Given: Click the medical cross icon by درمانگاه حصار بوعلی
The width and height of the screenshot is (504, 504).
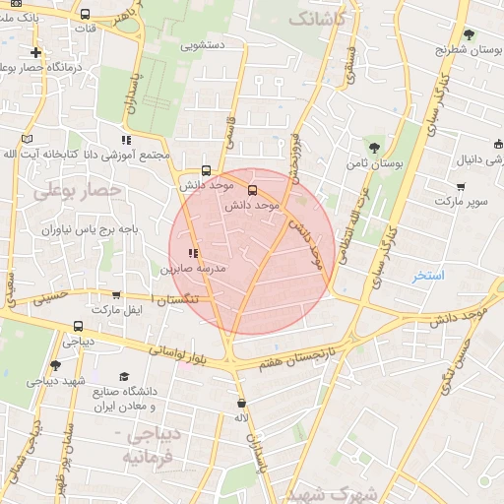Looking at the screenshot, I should coord(36,52).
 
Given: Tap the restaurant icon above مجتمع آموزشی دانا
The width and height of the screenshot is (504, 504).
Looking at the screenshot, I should coord(125,140).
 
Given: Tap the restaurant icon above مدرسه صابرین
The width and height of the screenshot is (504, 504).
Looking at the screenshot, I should coord(192,253).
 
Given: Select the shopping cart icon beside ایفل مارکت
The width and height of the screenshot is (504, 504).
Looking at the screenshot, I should coord(117,294).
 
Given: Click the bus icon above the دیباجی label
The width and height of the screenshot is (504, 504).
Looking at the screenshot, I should coord(78,327).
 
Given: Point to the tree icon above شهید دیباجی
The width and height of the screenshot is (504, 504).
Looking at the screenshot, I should coord(55,365).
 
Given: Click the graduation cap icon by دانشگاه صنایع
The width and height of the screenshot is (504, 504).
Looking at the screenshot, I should coord(123,377).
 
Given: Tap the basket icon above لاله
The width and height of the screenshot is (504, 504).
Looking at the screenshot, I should coord(240,403).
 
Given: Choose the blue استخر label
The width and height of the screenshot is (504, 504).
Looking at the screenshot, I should coord(428,276).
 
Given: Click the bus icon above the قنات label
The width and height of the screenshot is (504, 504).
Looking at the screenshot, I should coord(86,15).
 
